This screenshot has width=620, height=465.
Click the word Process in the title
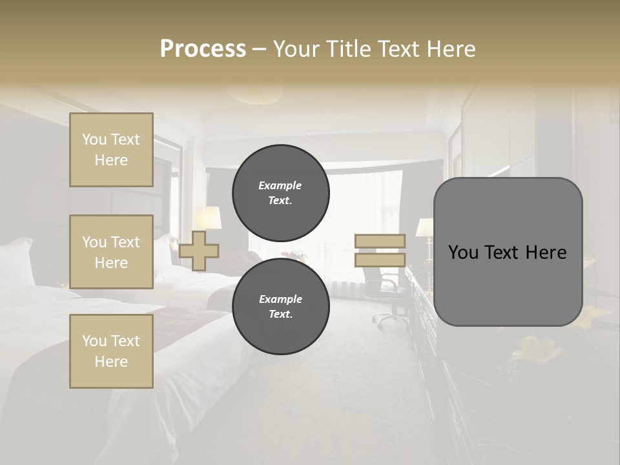tap(203, 49)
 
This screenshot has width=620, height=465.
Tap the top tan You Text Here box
tap(111, 150)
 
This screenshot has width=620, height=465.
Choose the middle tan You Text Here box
tap(111, 252)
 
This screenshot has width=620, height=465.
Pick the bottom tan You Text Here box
tap(111, 351)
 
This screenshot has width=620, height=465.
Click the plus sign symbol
tap(199, 251)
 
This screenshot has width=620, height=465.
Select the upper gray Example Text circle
tap(280, 192)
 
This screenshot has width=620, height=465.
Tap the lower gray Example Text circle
tap(280, 306)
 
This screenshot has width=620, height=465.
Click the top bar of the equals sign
tap(380, 241)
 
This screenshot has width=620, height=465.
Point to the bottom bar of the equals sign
tap(380, 260)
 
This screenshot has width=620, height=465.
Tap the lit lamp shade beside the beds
tap(208, 218)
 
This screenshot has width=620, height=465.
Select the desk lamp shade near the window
tap(424, 227)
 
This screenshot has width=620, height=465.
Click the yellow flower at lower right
tap(530, 349)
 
